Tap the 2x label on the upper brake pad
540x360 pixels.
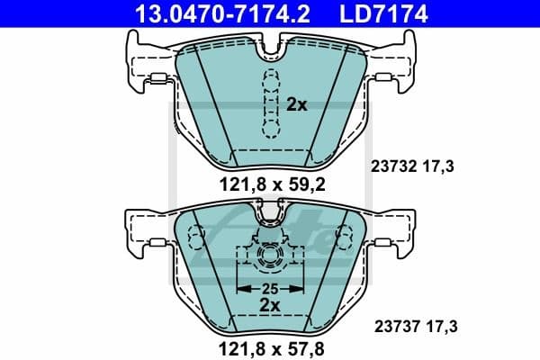pyautogui.click(x=297, y=104)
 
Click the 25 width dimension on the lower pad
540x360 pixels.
pyautogui.click(x=271, y=289)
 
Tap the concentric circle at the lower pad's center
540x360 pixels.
pyautogui.click(x=271, y=257)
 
